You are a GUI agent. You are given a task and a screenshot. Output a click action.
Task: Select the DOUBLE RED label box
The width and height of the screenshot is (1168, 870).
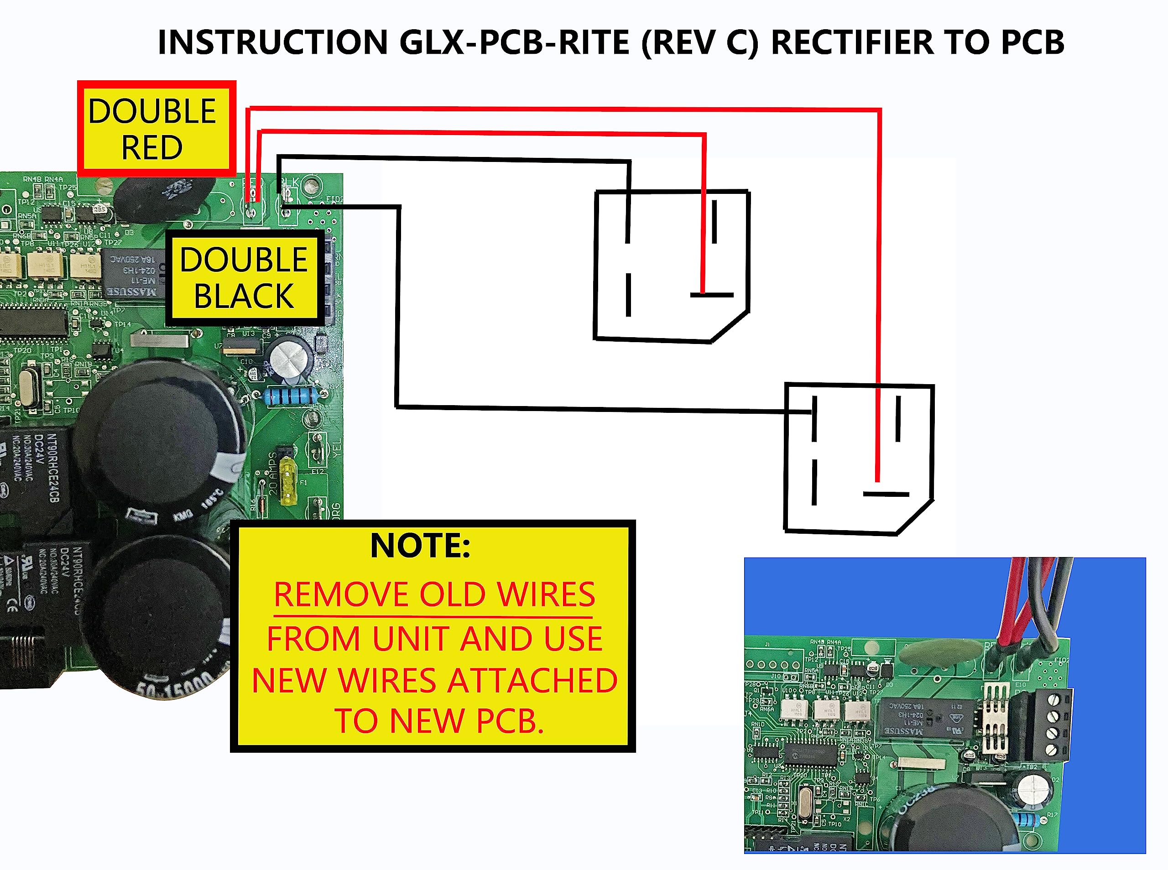coord(156,129)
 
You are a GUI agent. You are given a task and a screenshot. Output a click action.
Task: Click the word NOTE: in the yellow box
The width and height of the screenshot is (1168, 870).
coord(420,546)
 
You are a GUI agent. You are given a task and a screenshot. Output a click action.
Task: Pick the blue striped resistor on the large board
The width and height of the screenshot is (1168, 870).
coord(290,396)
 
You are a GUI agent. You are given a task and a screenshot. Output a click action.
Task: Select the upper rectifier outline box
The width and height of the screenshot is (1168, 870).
coord(672,266)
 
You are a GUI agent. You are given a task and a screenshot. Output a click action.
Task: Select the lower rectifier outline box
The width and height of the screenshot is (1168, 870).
coord(858,458)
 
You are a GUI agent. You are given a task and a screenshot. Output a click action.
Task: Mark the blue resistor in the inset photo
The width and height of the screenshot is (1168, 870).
coord(1027,819)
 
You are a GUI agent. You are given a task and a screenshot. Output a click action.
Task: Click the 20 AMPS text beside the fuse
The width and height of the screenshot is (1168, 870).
coord(273,473)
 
